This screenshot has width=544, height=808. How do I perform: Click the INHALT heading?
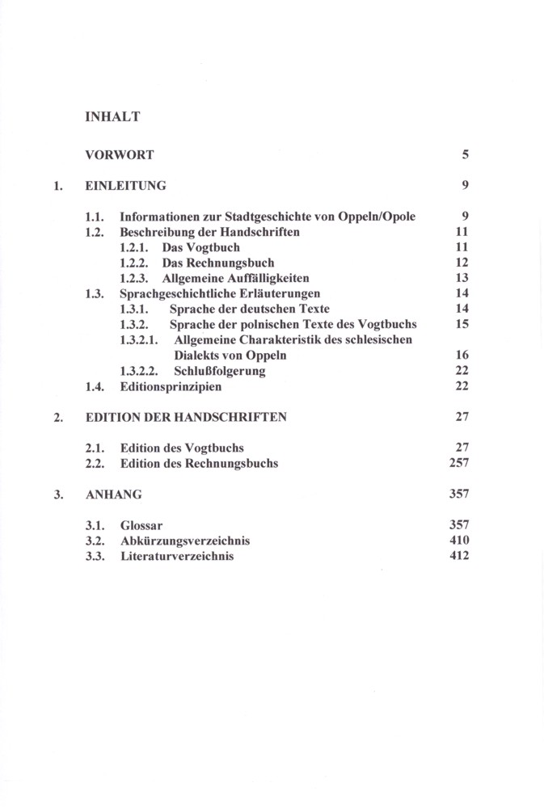112,117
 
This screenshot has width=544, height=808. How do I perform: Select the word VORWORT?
120,154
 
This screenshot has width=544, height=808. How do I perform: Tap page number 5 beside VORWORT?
466,154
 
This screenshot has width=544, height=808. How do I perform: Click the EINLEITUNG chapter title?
125,186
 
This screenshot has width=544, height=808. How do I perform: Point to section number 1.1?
95,217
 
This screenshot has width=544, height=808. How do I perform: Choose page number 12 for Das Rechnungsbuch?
462,263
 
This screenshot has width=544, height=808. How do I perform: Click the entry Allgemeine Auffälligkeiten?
236,279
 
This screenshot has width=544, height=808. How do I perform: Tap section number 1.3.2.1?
142,340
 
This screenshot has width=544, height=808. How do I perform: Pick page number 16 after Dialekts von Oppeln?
462,356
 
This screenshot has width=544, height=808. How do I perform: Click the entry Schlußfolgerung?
220,372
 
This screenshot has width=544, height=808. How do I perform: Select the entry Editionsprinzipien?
171,387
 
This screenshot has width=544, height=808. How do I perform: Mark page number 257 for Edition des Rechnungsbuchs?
459,464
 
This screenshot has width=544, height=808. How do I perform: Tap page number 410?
459,541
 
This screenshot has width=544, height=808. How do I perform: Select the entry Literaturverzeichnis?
177,557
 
